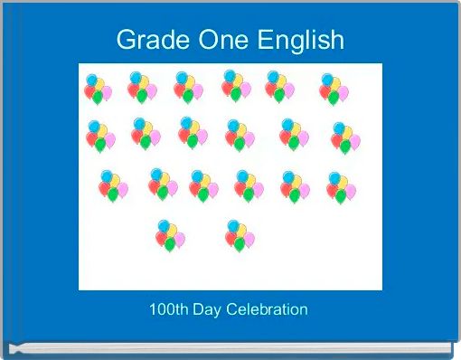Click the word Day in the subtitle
tap(209, 309)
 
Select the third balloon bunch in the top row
tap(187, 87)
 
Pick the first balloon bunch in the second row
tap(100, 136)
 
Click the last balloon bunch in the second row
tap(345, 137)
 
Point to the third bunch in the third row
tap(203, 185)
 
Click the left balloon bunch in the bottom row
tap(169, 235)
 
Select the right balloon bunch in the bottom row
tap(240, 235)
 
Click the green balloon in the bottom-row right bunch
tap(240, 244)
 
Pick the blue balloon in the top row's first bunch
tap(91, 79)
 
